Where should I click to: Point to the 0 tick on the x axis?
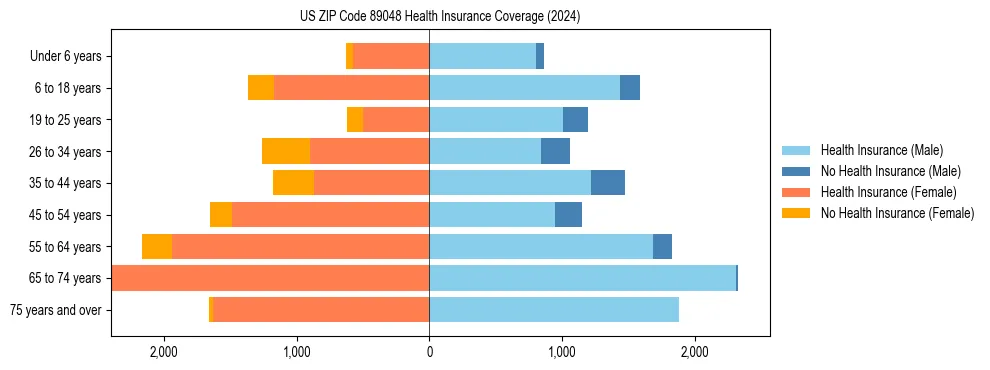(429, 352)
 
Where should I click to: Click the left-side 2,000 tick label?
(163, 352)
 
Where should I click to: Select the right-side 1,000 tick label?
(562, 352)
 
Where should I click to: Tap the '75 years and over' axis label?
(55, 310)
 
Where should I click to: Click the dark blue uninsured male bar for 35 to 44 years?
(608, 183)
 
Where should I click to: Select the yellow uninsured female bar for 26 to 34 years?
(286, 151)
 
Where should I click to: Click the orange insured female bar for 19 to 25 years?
(396, 120)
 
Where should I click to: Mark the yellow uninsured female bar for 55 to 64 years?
(157, 246)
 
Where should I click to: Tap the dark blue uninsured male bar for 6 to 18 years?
(630, 88)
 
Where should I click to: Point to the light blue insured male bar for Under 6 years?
(482, 56)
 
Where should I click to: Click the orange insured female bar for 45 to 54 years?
(330, 215)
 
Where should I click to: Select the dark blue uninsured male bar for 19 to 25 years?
(575, 120)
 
